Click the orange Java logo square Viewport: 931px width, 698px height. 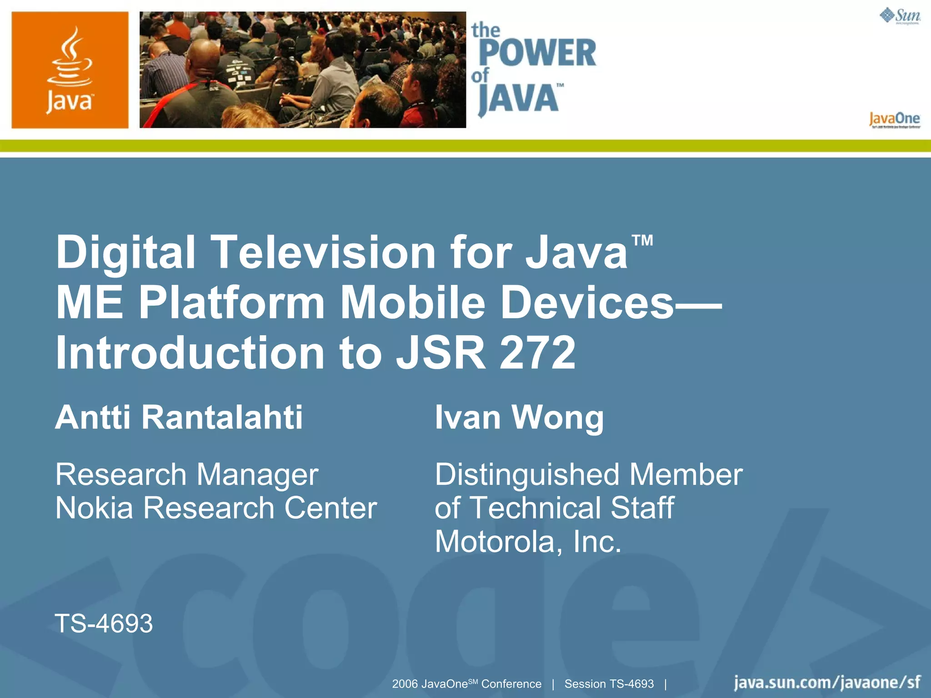point(70,70)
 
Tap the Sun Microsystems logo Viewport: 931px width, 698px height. point(900,16)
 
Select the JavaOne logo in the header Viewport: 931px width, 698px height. point(894,120)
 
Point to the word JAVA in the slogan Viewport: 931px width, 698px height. point(519,98)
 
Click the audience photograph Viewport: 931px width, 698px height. point(302,70)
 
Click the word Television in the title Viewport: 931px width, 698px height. point(323,252)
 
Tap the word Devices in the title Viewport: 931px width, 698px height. point(586,303)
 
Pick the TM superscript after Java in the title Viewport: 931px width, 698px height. point(642,240)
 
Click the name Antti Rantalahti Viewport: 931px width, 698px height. point(179,417)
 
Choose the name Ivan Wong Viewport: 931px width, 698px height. point(519,417)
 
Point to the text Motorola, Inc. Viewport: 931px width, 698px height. point(528,541)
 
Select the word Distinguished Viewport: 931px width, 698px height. point(527,475)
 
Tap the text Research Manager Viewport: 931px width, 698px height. point(187,475)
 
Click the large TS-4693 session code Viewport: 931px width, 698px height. point(104,623)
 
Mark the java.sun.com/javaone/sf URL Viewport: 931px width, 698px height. point(827,683)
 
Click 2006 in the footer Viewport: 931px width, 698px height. point(405,684)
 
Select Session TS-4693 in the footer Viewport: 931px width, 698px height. point(609,684)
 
